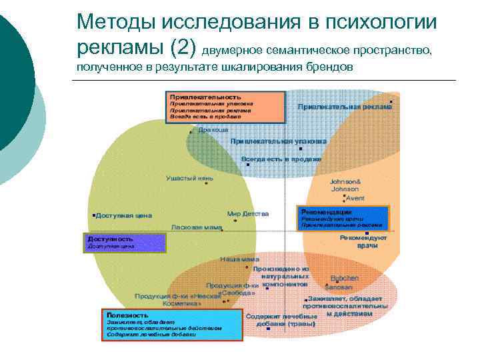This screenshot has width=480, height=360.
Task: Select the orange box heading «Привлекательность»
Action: click(205, 97)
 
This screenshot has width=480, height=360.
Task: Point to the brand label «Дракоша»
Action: click(213, 129)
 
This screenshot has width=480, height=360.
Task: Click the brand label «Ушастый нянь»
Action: click(189, 178)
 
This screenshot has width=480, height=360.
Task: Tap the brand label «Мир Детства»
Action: click(248, 214)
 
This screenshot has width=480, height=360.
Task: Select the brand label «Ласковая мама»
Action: click(197, 227)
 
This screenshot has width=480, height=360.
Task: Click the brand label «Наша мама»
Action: click(235, 259)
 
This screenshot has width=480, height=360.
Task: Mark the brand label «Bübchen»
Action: click(344, 277)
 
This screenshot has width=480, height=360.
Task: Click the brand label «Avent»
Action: click(355, 198)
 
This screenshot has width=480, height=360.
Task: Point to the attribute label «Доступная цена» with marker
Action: click(124, 215)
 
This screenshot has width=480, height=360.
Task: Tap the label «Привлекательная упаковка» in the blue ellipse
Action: click(279, 141)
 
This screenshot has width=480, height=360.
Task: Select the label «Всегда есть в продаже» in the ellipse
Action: click(281, 159)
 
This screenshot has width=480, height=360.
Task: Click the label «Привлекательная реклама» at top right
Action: click(345, 106)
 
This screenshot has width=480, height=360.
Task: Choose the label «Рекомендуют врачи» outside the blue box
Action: click(363, 241)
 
